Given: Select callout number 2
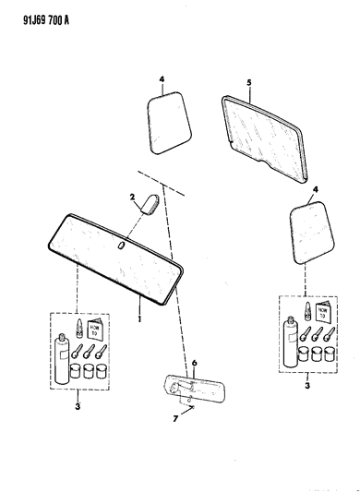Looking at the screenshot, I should click(x=132, y=197).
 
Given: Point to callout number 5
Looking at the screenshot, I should click(x=249, y=83).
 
